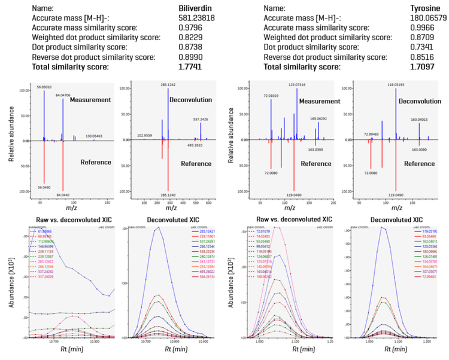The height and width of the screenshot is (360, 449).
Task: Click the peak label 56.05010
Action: tap(44, 87)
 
